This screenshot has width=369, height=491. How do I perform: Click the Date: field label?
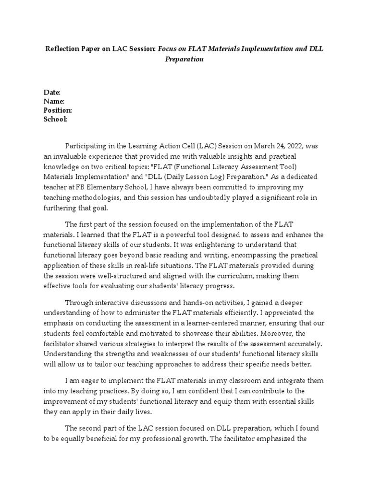(52, 92)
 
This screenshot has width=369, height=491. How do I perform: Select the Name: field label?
(54, 101)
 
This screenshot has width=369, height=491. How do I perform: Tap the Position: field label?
(58, 110)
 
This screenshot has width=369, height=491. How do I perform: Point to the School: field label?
(55, 119)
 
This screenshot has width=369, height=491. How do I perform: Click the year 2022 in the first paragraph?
(278, 146)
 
